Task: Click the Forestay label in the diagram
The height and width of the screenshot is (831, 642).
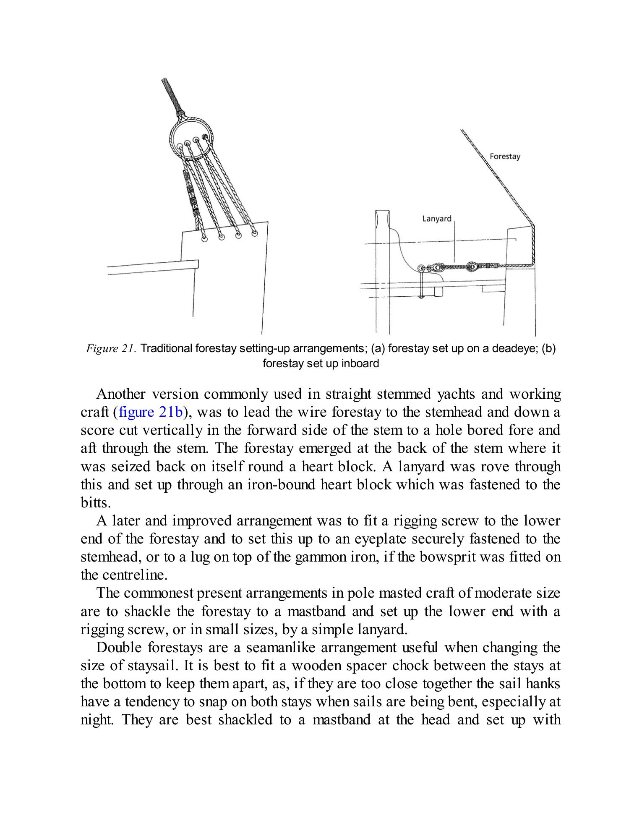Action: (x=505, y=157)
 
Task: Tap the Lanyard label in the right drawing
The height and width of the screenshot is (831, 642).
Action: (x=436, y=219)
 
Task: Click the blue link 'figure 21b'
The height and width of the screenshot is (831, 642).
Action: (x=151, y=412)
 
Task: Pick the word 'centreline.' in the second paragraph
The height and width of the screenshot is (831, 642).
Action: (x=124, y=575)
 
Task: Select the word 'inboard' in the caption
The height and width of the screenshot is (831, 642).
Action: (x=360, y=363)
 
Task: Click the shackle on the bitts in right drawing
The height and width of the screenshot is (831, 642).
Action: (x=426, y=267)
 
